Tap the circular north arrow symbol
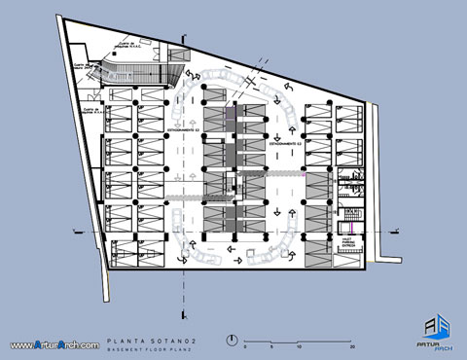(x=232, y=341)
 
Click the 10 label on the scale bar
(x=298, y=346)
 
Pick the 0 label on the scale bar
(x=245, y=346)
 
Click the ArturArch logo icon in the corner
(x=441, y=327)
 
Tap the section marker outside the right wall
(x=394, y=231)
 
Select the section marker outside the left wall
(x=76, y=230)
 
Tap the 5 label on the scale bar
(x=271, y=346)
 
